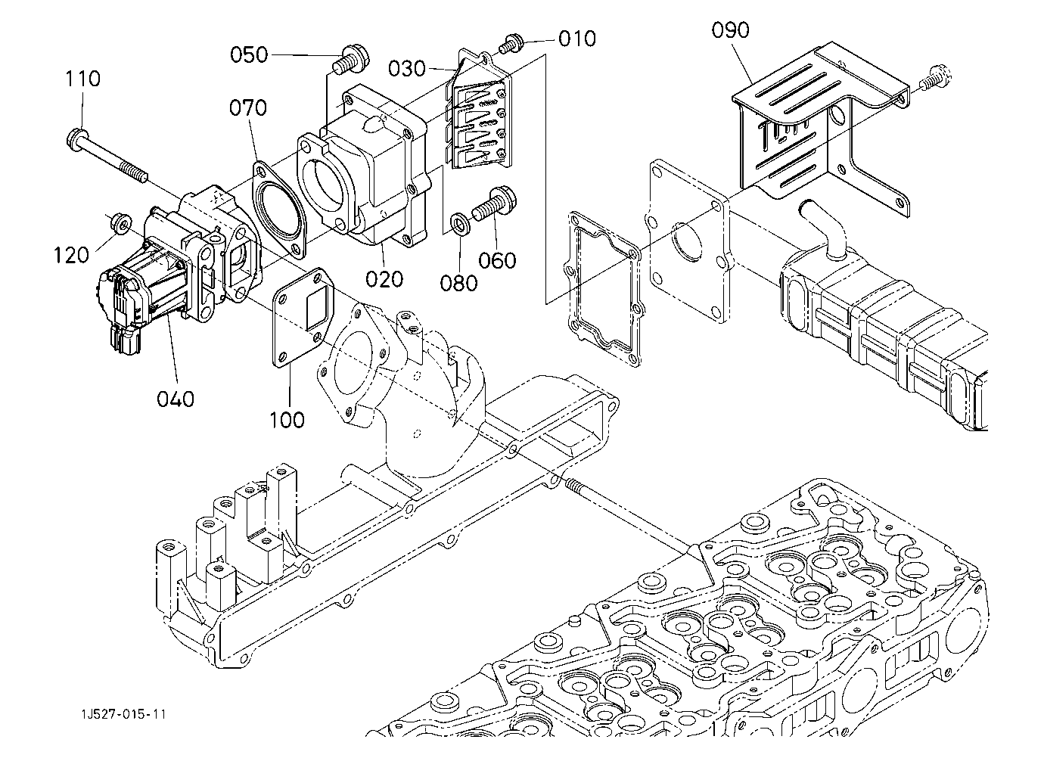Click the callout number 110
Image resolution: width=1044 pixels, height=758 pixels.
click(x=82, y=78)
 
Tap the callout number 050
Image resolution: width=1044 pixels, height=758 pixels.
click(x=249, y=54)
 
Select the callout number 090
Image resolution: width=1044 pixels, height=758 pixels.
click(x=731, y=30)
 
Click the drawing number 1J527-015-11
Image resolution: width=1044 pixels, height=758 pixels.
click(x=125, y=714)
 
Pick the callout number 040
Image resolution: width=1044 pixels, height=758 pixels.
click(x=176, y=398)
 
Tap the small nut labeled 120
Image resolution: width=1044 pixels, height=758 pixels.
click(x=119, y=222)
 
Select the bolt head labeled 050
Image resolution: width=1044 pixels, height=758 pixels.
click(x=352, y=57)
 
